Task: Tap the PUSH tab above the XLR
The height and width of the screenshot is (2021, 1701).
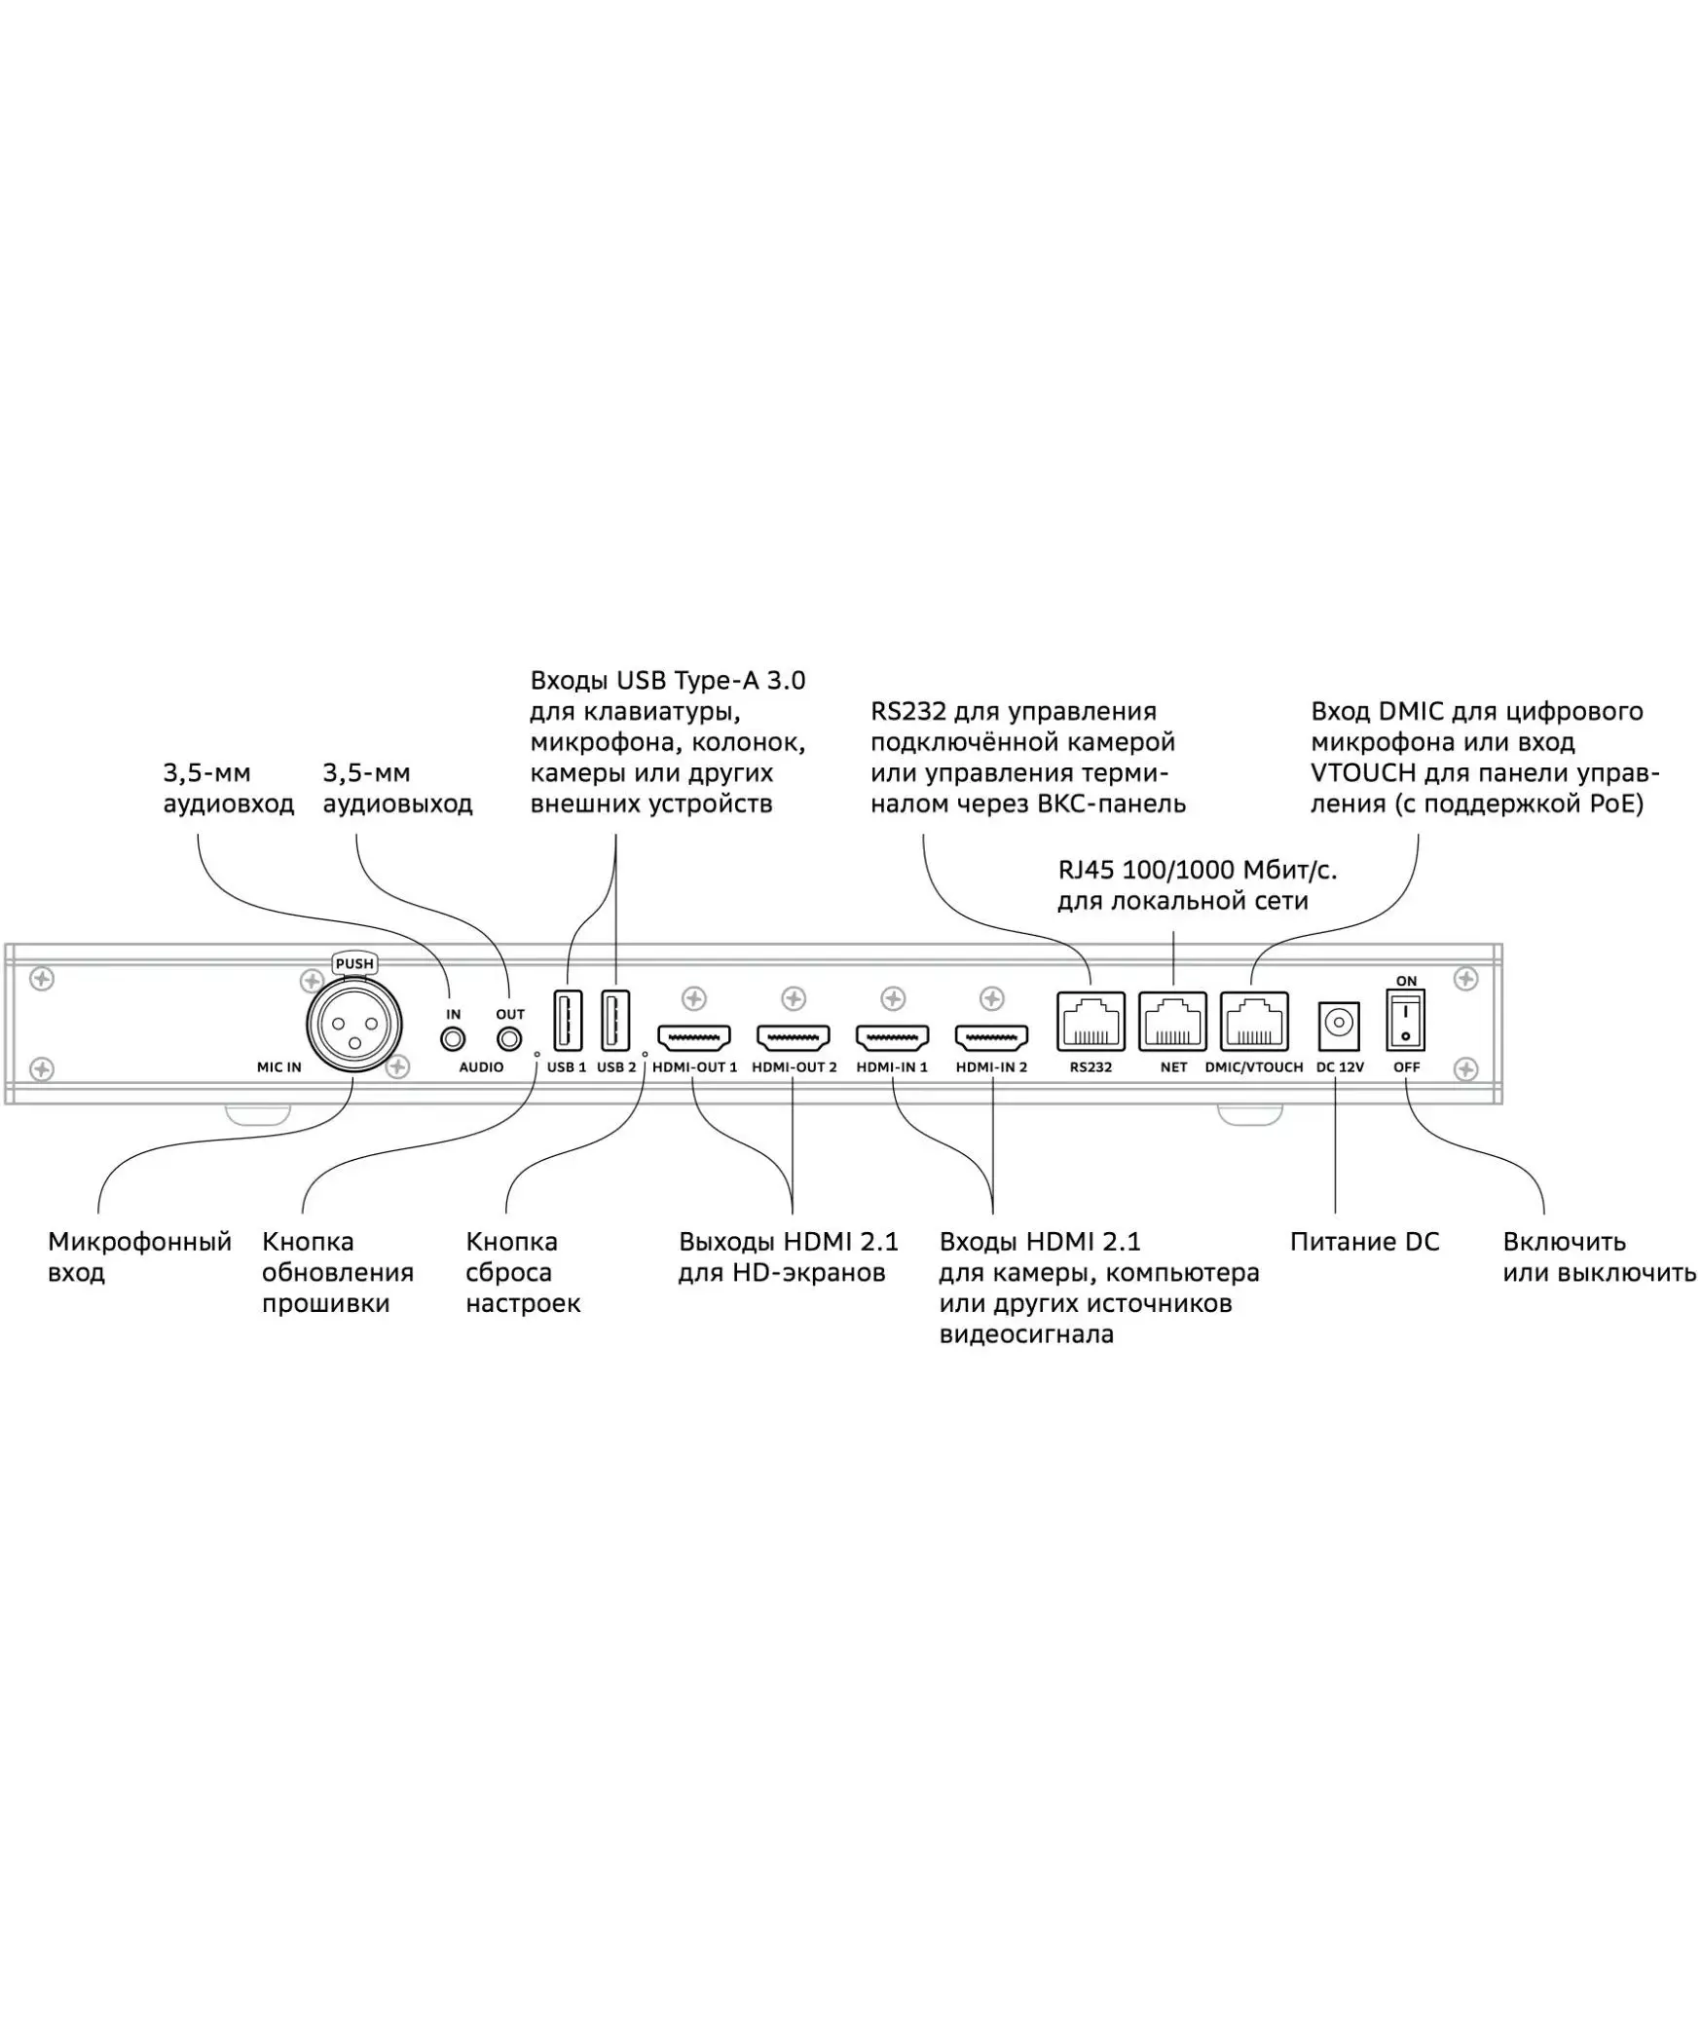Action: click(x=353, y=963)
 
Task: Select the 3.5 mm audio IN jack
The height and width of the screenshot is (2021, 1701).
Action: click(x=453, y=1039)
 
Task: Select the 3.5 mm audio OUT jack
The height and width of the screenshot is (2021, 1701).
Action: click(x=509, y=1039)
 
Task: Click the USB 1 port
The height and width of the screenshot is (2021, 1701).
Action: click(x=568, y=1020)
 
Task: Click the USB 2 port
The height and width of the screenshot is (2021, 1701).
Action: click(x=615, y=1020)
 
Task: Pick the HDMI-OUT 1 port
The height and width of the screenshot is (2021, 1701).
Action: click(x=694, y=1037)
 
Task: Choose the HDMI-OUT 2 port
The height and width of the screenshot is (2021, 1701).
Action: click(x=794, y=1037)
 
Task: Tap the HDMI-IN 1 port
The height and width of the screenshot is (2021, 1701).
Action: click(x=892, y=1037)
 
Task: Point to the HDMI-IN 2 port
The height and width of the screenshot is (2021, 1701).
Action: click(x=991, y=1037)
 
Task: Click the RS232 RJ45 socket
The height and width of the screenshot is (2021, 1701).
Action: click(x=1091, y=1022)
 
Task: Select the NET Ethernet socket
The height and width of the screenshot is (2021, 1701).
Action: click(x=1172, y=1022)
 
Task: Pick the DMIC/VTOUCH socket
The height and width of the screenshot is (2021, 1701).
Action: click(x=1253, y=1022)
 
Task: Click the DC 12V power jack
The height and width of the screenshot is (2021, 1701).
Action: click(x=1339, y=1024)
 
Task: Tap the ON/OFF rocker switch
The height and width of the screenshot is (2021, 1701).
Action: click(x=1405, y=1021)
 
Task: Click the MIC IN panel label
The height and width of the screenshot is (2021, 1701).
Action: click(x=279, y=1067)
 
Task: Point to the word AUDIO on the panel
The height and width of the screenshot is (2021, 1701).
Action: click(x=481, y=1067)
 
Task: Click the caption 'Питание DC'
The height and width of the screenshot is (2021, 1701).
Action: click(x=1364, y=1242)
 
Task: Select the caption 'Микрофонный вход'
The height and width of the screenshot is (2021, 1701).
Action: click(x=139, y=1256)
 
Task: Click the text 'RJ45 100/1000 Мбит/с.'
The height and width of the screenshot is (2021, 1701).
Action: click(x=1198, y=870)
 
